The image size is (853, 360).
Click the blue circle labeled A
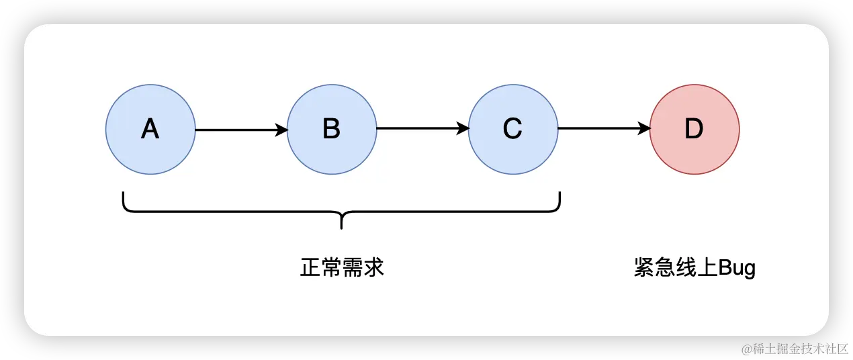(x=150, y=129)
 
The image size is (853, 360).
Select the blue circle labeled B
(x=332, y=129)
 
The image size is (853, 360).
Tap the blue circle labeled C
(x=512, y=129)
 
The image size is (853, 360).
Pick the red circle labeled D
(x=694, y=129)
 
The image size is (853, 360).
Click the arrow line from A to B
(x=235, y=130)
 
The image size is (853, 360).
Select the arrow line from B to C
(x=416, y=130)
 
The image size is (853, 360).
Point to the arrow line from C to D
(x=598, y=130)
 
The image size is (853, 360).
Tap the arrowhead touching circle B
(x=281, y=130)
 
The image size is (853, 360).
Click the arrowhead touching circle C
(x=463, y=130)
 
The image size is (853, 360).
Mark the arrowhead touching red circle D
(x=644, y=130)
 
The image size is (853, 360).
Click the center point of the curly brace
(x=342, y=222)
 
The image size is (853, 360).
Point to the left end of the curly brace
(x=124, y=196)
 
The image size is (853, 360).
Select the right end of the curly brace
(x=559, y=196)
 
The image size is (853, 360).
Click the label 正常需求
(x=342, y=268)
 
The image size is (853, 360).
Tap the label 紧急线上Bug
(x=694, y=268)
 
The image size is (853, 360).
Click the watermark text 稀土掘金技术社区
(x=799, y=347)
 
